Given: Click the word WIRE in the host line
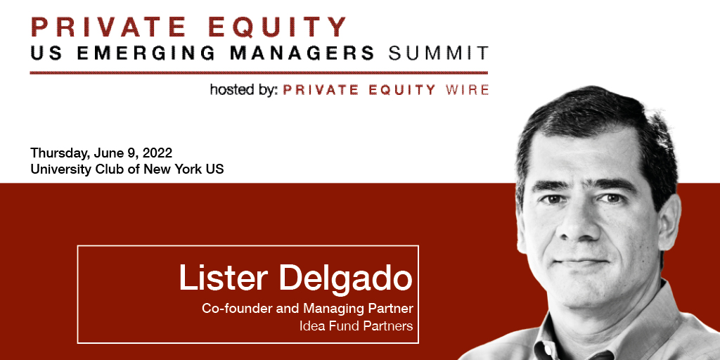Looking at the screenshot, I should (x=467, y=90).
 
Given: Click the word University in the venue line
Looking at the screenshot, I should (x=58, y=169).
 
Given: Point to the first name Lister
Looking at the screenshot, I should (x=224, y=277).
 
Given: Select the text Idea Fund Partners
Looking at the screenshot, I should (x=356, y=326).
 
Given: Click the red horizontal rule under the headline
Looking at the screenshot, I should (x=259, y=72).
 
